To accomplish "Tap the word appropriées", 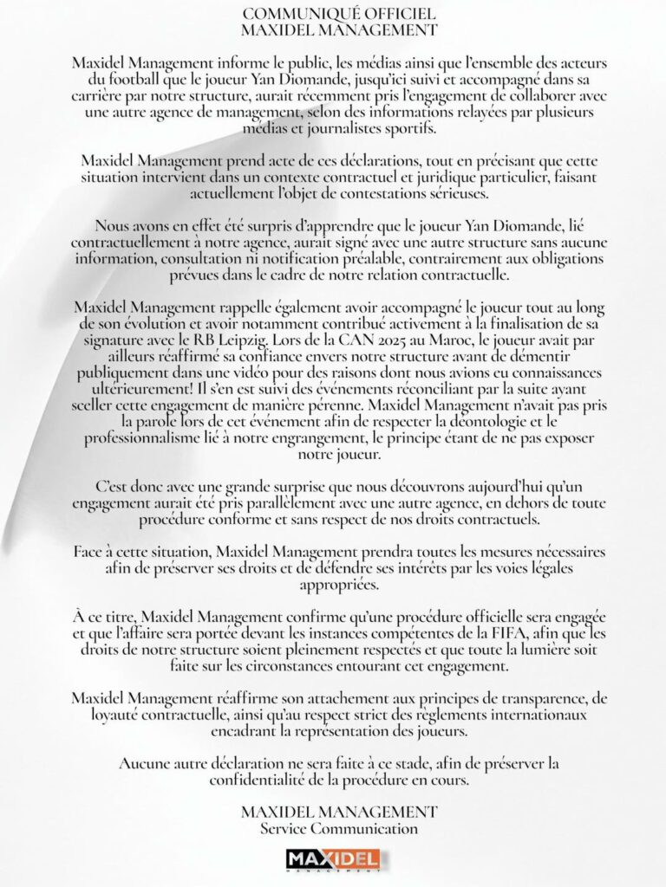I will [333, 585].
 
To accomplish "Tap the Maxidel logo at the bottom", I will [333, 860].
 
